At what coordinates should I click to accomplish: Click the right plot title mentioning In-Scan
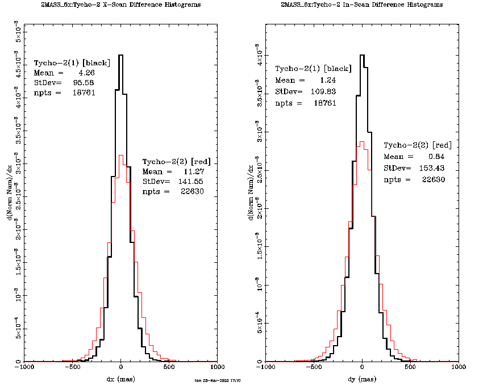pyautogui.click(x=362, y=5)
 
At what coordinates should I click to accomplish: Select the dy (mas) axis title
pyautogui.click(x=362, y=379)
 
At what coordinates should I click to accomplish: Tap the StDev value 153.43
pyautogui.click(x=431, y=168)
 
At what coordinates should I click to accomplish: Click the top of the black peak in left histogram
pyautogui.click(x=121, y=55)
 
